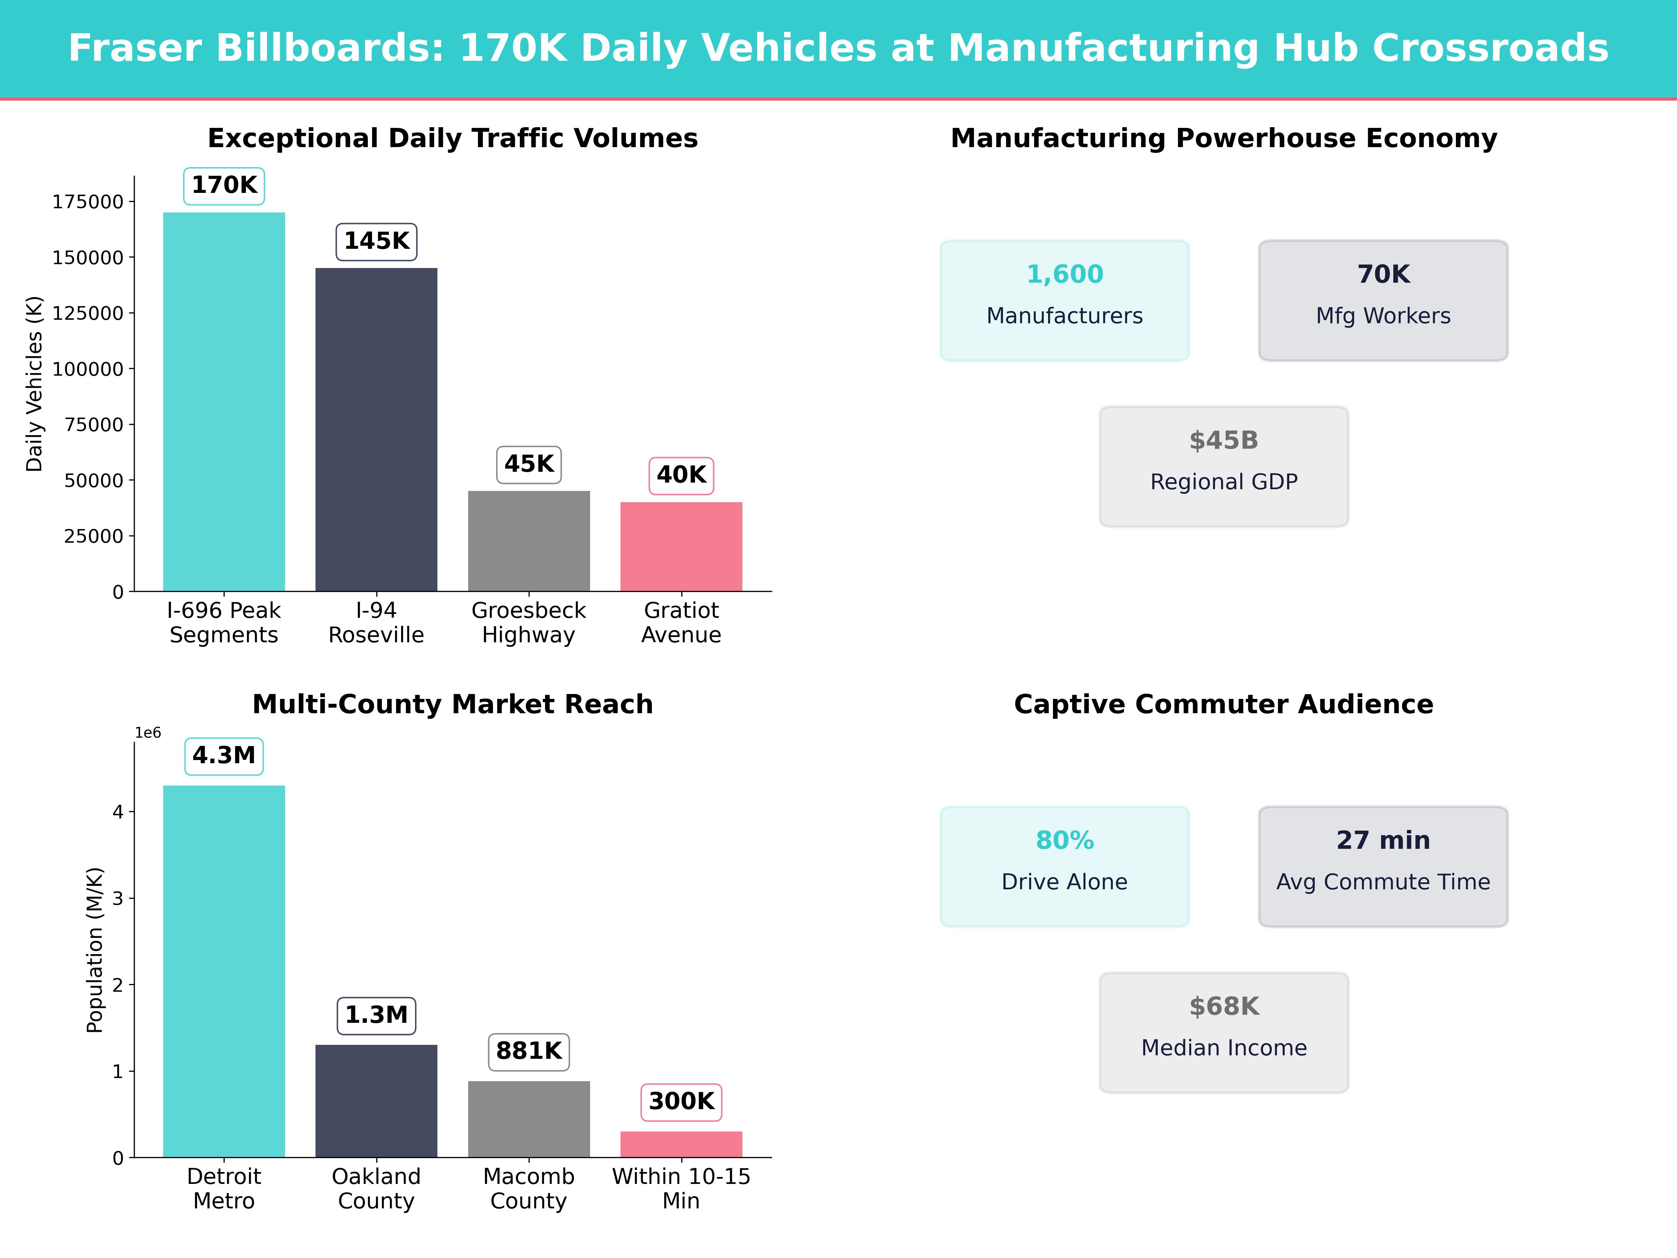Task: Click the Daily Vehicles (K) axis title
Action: click(34, 384)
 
